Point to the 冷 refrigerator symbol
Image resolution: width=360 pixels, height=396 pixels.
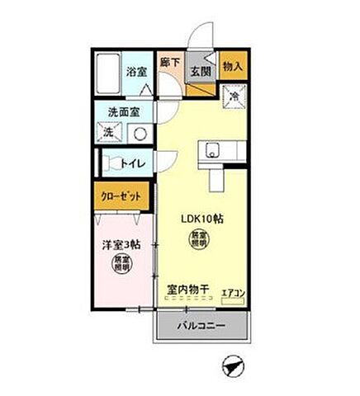[234, 96]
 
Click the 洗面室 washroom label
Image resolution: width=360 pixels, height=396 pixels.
[123, 111]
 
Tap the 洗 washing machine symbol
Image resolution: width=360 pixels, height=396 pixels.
[108, 132]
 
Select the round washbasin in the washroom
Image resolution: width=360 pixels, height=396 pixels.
[140, 132]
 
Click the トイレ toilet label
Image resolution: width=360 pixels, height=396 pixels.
[135, 163]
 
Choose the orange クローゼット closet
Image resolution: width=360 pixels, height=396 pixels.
[121, 198]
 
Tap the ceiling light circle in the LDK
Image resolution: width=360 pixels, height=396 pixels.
[201, 241]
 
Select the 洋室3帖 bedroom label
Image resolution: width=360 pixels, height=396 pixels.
[121, 245]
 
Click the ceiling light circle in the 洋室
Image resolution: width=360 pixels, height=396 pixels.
[122, 265]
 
